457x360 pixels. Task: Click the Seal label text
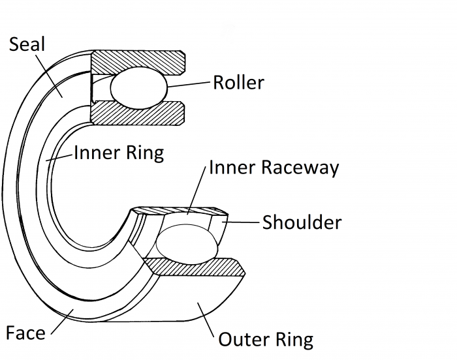pyautogui.click(x=28, y=45)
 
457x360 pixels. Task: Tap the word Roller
pyautogui.click(x=238, y=82)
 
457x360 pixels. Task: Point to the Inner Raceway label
pyautogui.click(x=274, y=168)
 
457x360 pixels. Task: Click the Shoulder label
pyautogui.click(x=302, y=222)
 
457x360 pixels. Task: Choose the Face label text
pyautogui.click(x=25, y=333)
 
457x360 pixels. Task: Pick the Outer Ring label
pyautogui.click(x=265, y=340)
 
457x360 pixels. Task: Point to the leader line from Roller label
pyautogui.click(x=189, y=84)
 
